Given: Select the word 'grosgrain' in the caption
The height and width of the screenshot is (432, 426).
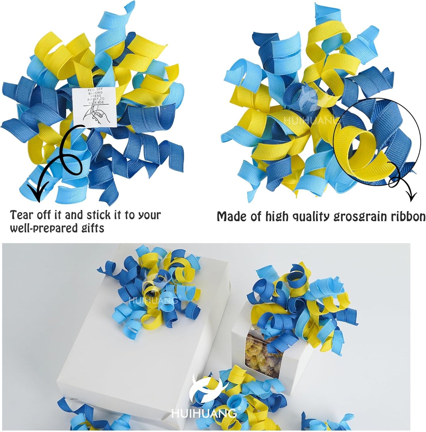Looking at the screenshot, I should point(360,217).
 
